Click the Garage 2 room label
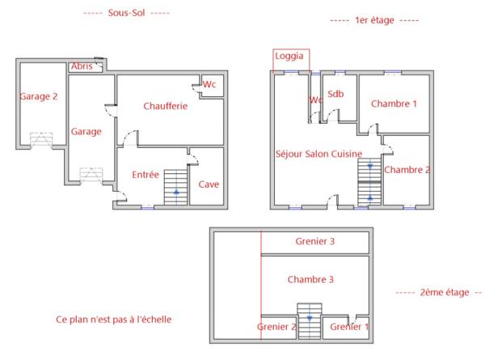point(38,96)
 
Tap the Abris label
point(82,66)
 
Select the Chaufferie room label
point(166,106)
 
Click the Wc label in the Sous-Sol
point(209,84)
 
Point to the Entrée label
point(145,175)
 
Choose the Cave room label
point(209,184)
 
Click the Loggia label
point(291,57)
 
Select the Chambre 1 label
point(394,104)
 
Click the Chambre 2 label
point(407,170)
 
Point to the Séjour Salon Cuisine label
point(318,154)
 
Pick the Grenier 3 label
point(315,242)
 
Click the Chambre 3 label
point(310,279)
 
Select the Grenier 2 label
point(277,327)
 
